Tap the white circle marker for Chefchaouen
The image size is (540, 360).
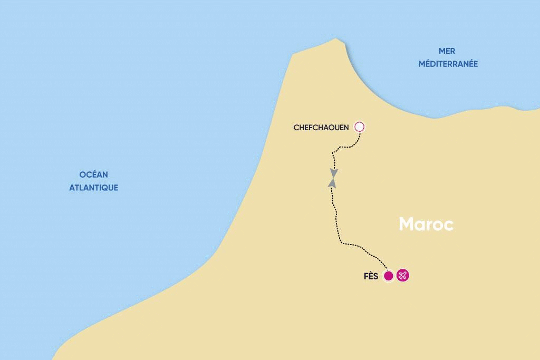(360, 127)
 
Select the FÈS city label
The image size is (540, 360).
(371, 276)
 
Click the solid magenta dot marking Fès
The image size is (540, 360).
(389, 276)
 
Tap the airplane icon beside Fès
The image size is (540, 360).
(403, 276)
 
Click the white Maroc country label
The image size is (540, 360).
(426, 224)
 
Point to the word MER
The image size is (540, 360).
(447, 51)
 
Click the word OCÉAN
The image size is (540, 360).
(93, 175)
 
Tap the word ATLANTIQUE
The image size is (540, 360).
(93, 188)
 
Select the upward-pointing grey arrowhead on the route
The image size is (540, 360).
(332, 182)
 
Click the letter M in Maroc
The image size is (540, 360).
(407, 224)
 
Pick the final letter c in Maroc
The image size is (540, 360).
(449, 226)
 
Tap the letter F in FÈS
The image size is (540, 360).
(367, 276)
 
